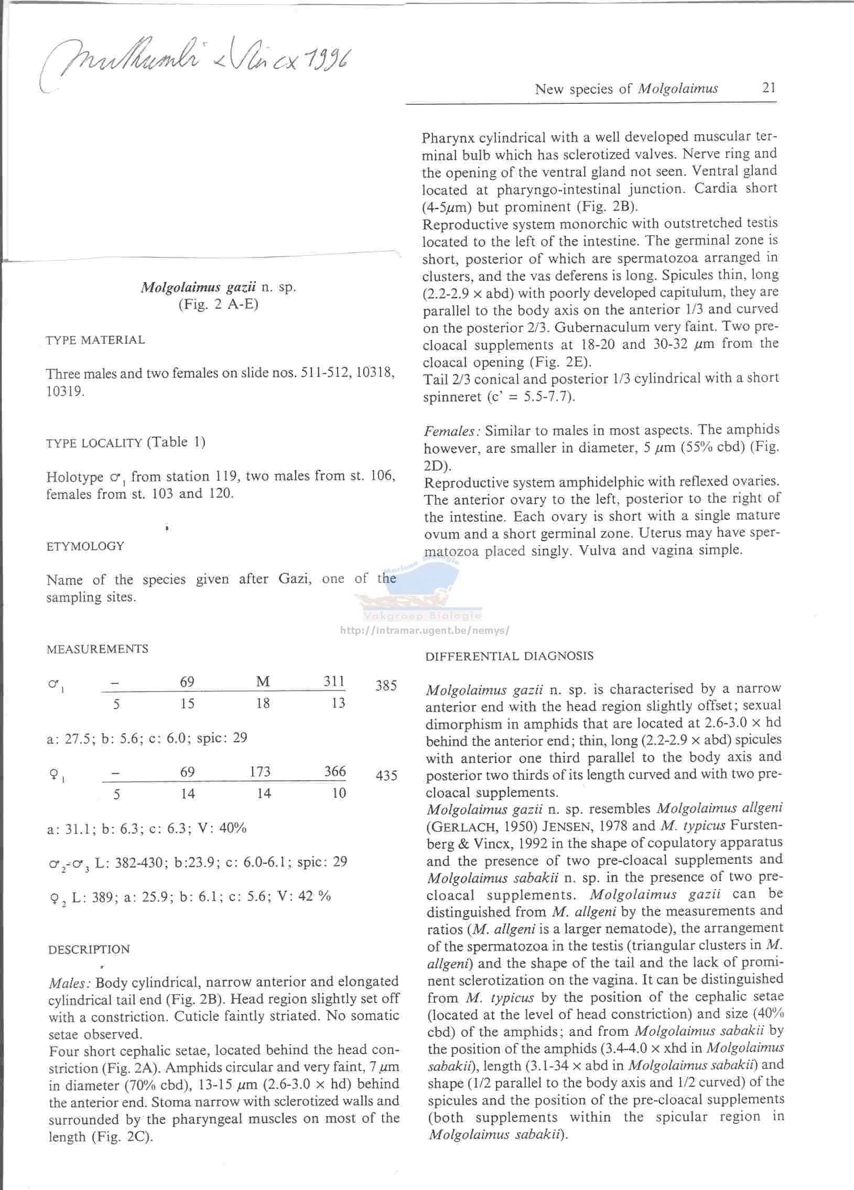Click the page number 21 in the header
pyautogui.click(x=769, y=88)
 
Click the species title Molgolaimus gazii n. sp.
pyautogui.click(x=218, y=287)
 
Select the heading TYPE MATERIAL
pyautogui.click(x=95, y=340)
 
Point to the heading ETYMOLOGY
pyautogui.click(x=85, y=546)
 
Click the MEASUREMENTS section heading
pyautogui.click(x=98, y=649)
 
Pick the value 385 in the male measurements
pyautogui.click(x=386, y=686)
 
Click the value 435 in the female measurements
pyautogui.click(x=386, y=775)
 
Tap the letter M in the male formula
pyautogui.click(x=263, y=681)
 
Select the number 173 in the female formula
pyautogui.click(x=260, y=771)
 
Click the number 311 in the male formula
pyautogui.click(x=334, y=681)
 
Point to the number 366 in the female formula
pyautogui.click(x=334, y=771)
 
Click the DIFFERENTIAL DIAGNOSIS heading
pyautogui.click(x=510, y=656)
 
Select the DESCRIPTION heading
pyautogui.click(x=89, y=949)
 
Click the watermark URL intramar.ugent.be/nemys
pyautogui.click(x=425, y=631)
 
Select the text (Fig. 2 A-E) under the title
pyautogui.click(x=218, y=305)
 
